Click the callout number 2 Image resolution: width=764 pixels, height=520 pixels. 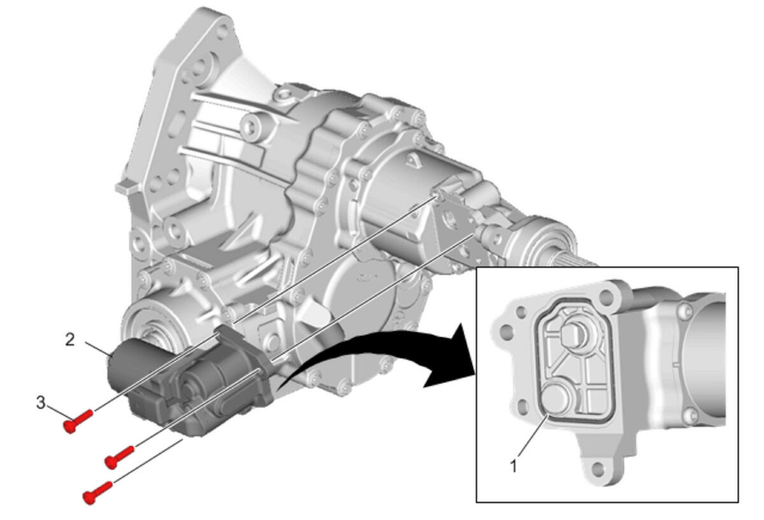[70, 340]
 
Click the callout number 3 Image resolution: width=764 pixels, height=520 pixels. [41, 403]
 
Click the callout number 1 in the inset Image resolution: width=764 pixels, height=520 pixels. [514, 466]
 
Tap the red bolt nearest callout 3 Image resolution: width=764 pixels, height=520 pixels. [78, 421]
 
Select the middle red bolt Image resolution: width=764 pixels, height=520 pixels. [120, 457]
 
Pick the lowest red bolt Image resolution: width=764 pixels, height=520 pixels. [98, 493]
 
